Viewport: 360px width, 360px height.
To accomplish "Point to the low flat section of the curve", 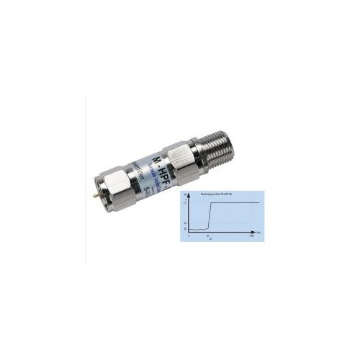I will (x=197, y=228).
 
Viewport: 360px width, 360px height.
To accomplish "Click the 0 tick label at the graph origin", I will (x=189, y=237).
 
